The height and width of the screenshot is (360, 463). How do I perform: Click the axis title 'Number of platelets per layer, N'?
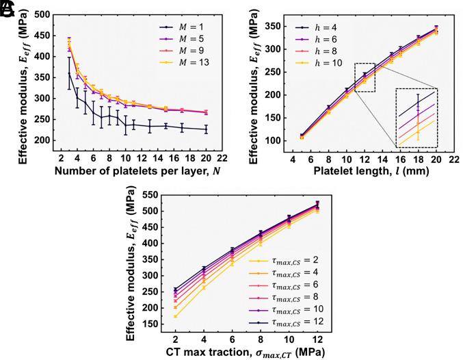(123, 170)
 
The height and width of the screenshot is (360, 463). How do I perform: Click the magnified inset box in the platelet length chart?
(416, 118)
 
